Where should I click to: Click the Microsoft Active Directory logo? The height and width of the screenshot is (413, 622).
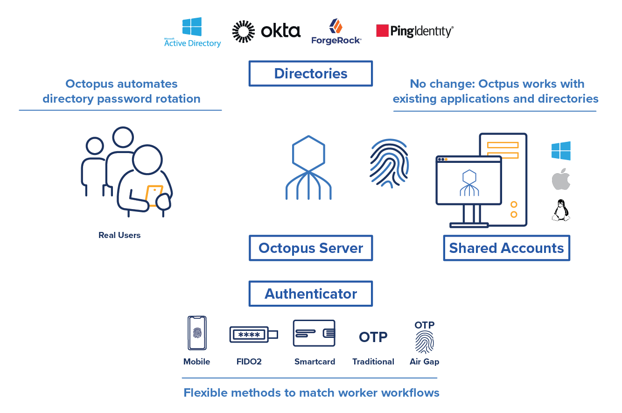point(192,33)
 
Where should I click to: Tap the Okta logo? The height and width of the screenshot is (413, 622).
point(266,31)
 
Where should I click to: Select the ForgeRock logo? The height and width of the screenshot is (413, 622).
point(336,32)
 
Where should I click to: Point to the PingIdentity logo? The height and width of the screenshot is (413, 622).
point(414,31)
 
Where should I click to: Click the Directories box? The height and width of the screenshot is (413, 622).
point(311,74)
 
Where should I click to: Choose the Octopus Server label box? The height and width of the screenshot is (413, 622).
point(311,248)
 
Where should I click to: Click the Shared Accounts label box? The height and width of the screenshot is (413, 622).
point(506,248)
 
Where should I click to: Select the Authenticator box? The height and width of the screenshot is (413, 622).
point(311,294)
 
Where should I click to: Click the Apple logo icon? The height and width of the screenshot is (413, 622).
point(561,179)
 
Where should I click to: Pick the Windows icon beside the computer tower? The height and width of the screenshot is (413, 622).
point(561,151)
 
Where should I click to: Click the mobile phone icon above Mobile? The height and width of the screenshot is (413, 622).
point(197,333)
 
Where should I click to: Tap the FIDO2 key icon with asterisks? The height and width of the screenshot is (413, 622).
point(253,335)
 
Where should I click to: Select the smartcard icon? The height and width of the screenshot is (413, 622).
point(314,333)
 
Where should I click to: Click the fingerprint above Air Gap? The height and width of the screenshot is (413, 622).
point(424,342)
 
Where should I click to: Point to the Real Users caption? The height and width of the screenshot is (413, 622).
point(119,235)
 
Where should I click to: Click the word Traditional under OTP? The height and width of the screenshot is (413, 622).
point(373,362)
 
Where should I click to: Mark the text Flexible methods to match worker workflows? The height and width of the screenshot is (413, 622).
point(311,393)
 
